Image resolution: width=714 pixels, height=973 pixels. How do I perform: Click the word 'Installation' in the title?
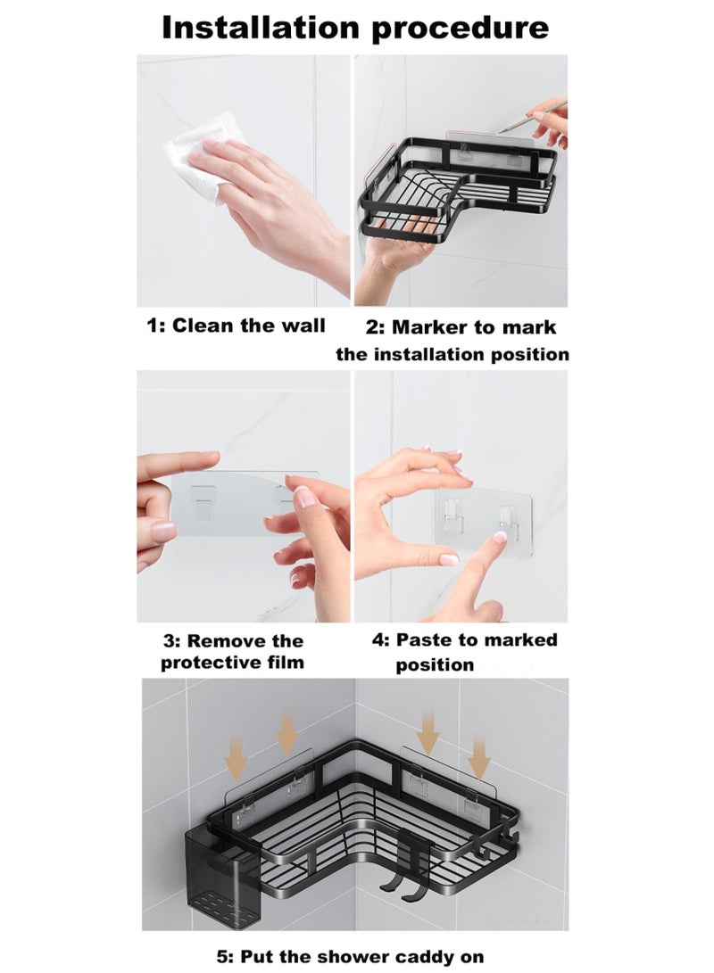point(260,28)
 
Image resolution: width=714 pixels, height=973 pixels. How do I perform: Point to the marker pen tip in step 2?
point(498,132)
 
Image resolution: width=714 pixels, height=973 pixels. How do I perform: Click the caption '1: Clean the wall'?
point(236,326)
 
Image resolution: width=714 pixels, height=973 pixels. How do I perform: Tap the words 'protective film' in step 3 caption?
point(232,663)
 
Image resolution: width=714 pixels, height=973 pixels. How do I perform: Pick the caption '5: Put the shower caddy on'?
point(350,957)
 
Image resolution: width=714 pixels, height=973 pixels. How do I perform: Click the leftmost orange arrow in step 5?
point(236,758)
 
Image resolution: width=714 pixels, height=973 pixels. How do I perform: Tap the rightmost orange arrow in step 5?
point(478,758)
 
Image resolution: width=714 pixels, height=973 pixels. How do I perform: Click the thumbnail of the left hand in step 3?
point(162,532)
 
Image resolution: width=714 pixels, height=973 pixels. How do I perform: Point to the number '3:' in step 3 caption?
point(172,641)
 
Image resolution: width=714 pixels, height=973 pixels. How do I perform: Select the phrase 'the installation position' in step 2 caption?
point(452,354)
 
